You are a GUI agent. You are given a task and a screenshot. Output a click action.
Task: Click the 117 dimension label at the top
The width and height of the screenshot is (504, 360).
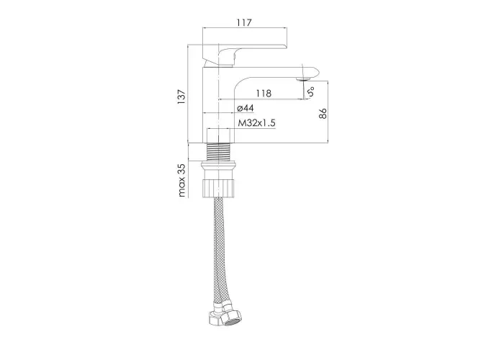[x=244, y=22]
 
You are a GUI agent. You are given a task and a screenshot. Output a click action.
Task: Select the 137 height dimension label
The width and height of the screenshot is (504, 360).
[x=181, y=96]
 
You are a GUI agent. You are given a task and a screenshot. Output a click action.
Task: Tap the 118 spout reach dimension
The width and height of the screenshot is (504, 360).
[x=264, y=93]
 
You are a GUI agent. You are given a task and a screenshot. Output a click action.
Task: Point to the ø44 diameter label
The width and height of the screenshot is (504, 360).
[x=246, y=108]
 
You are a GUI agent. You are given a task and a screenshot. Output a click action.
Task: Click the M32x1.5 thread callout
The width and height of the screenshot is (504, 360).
[x=256, y=123]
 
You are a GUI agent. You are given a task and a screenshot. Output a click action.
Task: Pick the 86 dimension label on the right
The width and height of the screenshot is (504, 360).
[x=323, y=114]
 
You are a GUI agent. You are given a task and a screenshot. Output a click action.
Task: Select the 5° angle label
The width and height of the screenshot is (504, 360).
[x=310, y=91]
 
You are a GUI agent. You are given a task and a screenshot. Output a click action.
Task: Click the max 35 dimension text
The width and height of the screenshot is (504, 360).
[x=182, y=180]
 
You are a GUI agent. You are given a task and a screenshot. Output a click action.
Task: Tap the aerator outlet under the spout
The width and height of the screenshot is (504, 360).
[x=303, y=78]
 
